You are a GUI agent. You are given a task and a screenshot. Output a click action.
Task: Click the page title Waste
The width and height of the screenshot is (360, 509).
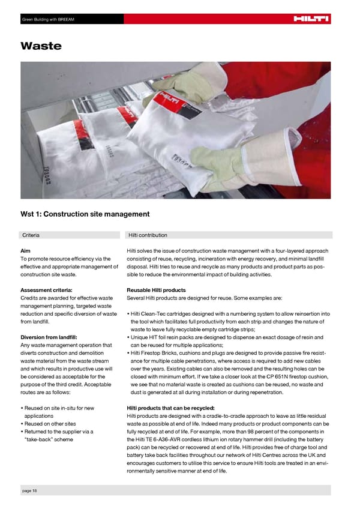pos(40,46)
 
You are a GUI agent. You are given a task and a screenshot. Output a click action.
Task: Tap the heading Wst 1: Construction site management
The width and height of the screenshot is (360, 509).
pos(85,214)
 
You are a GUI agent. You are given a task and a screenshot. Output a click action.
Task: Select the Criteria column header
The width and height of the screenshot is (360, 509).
pos(31,235)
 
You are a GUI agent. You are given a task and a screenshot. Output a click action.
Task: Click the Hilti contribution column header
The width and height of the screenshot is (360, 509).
pos(148,235)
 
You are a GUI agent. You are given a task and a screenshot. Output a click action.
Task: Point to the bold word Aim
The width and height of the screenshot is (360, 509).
pos(26,250)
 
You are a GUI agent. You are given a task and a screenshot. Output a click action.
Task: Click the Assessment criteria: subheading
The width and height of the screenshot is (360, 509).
pos(47,290)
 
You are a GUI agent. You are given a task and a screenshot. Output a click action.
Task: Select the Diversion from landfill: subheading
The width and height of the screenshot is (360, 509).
pos(49,337)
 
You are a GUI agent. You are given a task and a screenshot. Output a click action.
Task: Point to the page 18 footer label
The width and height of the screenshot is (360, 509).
pos(29,491)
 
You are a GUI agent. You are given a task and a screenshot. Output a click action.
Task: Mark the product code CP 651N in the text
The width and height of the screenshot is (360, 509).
pos(272,376)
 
